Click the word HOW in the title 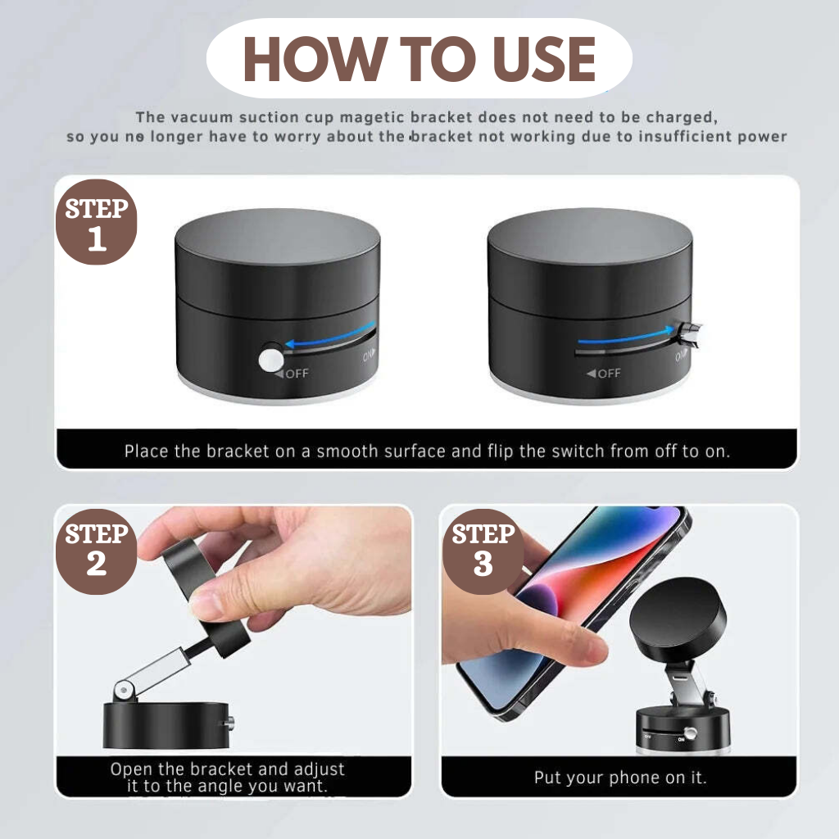(315, 59)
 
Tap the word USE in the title (544, 59)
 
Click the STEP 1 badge (97, 222)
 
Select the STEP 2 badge (97, 551)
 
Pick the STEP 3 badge (483, 551)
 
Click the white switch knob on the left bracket (271, 361)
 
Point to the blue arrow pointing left (330, 334)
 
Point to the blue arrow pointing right (626, 336)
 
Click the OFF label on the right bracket (604, 373)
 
